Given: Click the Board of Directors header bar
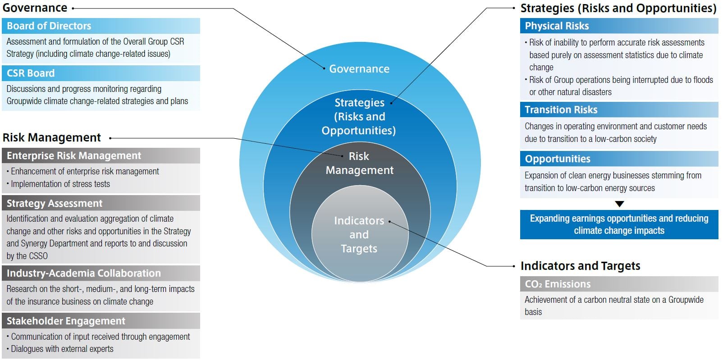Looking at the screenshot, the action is click(x=101, y=26).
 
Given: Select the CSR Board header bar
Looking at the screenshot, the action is click(x=101, y=73).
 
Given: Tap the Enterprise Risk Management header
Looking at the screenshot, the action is click(x=101, y=156).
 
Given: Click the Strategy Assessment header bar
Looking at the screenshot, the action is click(x=101, y=203).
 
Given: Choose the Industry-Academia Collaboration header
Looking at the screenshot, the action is click(x=101, y=273).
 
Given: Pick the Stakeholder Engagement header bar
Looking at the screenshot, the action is click(x=101, y=321).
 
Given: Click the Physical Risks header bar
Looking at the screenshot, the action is click(x=619, y=26).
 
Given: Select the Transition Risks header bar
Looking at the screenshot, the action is click(x=619, y=109).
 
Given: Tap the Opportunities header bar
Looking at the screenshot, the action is click(x=619, y=159).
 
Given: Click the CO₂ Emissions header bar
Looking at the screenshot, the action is click(x=619, y=284).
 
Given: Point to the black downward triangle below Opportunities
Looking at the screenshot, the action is click(x=619, y=204).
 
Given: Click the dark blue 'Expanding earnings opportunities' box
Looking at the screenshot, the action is click(x=619, y=224).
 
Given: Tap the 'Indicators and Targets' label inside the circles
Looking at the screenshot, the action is click(x=359, y=234).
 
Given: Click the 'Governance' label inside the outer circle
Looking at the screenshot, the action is click(x=359, y=68).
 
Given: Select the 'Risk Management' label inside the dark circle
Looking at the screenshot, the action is click(x=360, y=163).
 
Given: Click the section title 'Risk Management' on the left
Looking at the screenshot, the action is click(x=52, y=138).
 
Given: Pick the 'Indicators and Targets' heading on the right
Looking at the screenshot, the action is click(x=580, y=266).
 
